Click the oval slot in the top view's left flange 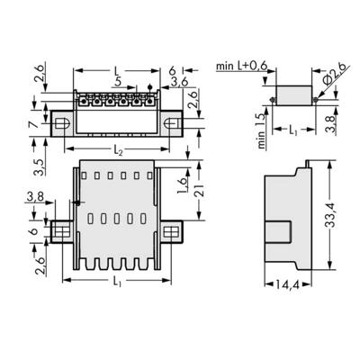(66, 120)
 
